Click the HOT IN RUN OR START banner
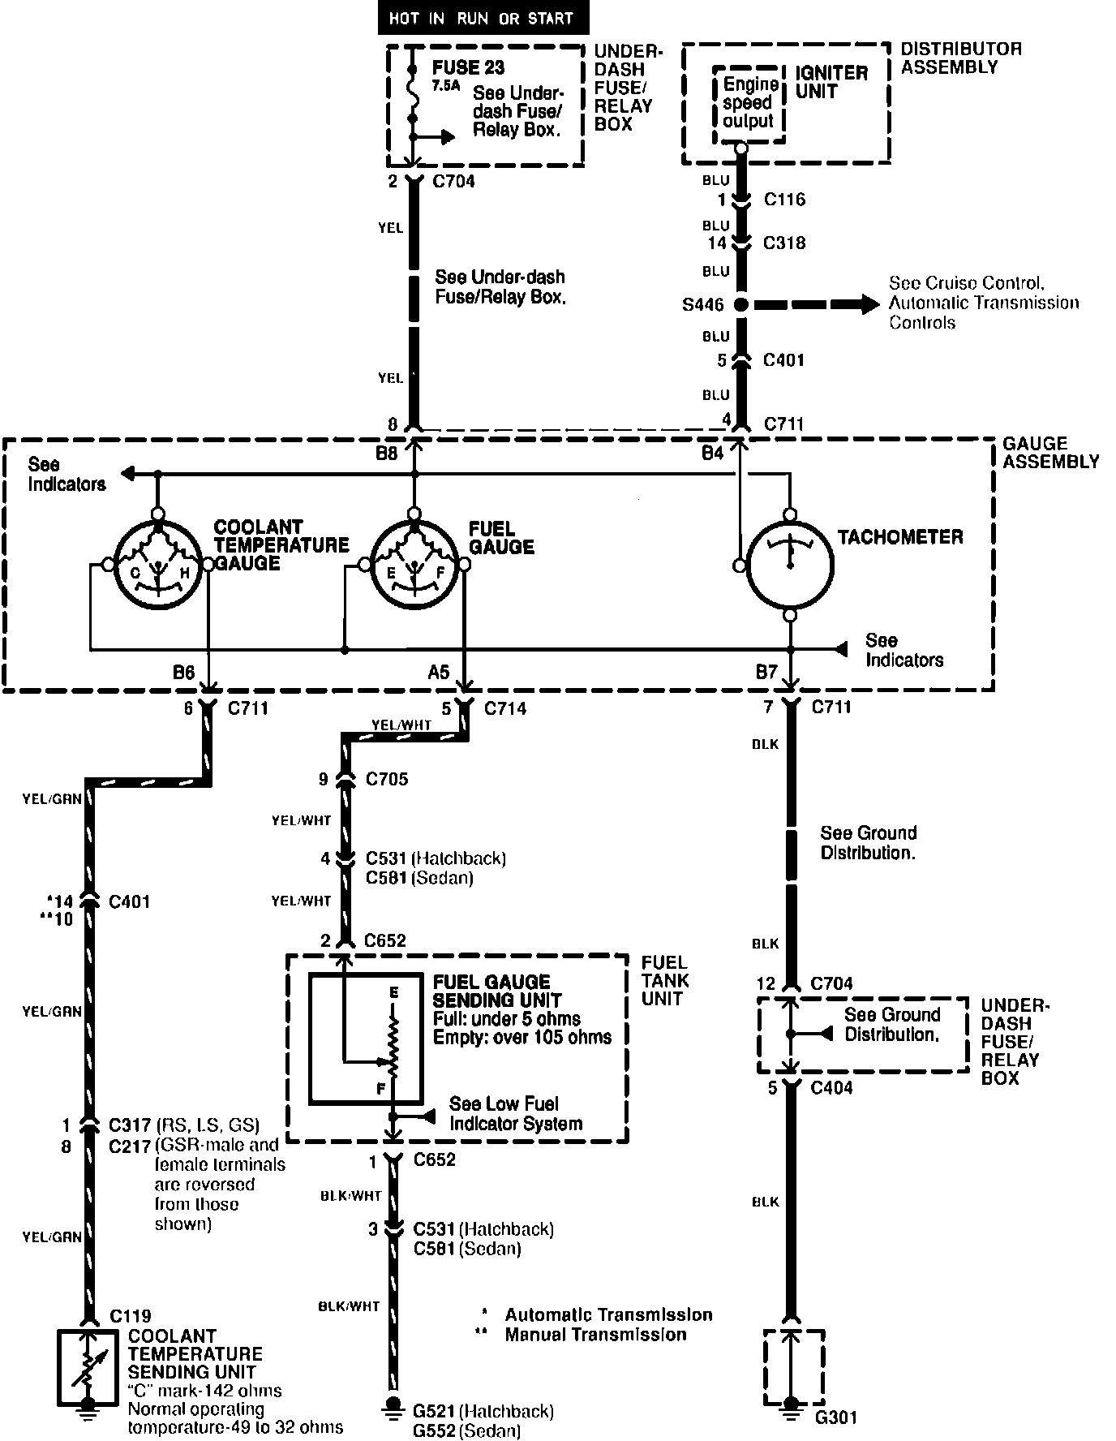click(x=481, y=19)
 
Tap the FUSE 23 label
click(x=468, y=67)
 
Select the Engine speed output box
click(x=748, y=103)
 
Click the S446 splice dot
click(x=740, y=305)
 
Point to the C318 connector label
click(x=784, y=243)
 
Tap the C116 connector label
click(x=784, y=200)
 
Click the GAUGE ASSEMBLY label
click(x=1050, y=453)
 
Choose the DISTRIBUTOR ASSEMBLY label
click(x=960, y=58)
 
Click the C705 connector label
click(x=387, y=780)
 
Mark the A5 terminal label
click(x=439, y=672)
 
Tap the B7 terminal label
click(x=767, y=672)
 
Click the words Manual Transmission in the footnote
click(x=595, y=1335)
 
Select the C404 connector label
click(x=832, y=1088)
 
